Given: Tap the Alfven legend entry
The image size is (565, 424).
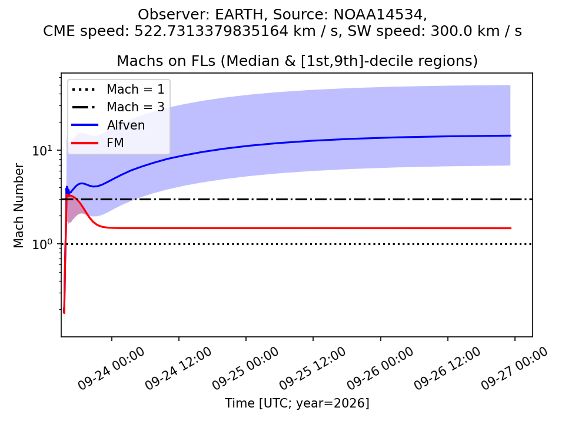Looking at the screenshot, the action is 108,125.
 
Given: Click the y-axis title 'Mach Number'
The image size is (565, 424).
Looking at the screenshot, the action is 18,206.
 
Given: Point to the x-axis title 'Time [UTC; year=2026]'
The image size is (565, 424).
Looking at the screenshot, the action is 297,403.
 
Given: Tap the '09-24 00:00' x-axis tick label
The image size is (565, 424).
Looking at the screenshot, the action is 111,369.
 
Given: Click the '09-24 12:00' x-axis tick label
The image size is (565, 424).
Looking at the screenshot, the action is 178,369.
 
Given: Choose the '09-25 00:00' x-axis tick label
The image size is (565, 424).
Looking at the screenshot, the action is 245,369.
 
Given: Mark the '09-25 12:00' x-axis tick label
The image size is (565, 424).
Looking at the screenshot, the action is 313,369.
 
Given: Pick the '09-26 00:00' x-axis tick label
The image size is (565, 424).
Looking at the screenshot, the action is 380,369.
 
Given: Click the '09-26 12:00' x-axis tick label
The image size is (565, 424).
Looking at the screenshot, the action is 447,369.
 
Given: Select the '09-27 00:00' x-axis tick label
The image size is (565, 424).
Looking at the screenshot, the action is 514,369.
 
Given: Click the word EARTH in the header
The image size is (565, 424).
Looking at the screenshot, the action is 240,15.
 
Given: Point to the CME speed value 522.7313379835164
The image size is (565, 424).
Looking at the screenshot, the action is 211,31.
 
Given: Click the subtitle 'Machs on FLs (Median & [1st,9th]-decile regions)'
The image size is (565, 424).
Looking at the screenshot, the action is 297,61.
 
